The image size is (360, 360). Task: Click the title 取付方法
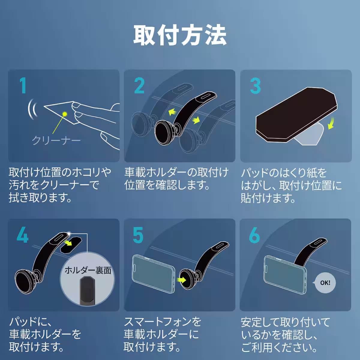[180, 35]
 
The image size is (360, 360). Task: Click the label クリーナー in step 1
[56, 140]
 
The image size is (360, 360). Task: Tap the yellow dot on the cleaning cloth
[64, 113]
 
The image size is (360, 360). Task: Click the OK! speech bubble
[325, 283]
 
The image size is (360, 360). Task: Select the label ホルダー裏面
[88, 270]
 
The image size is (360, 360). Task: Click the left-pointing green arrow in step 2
[172, 112]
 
